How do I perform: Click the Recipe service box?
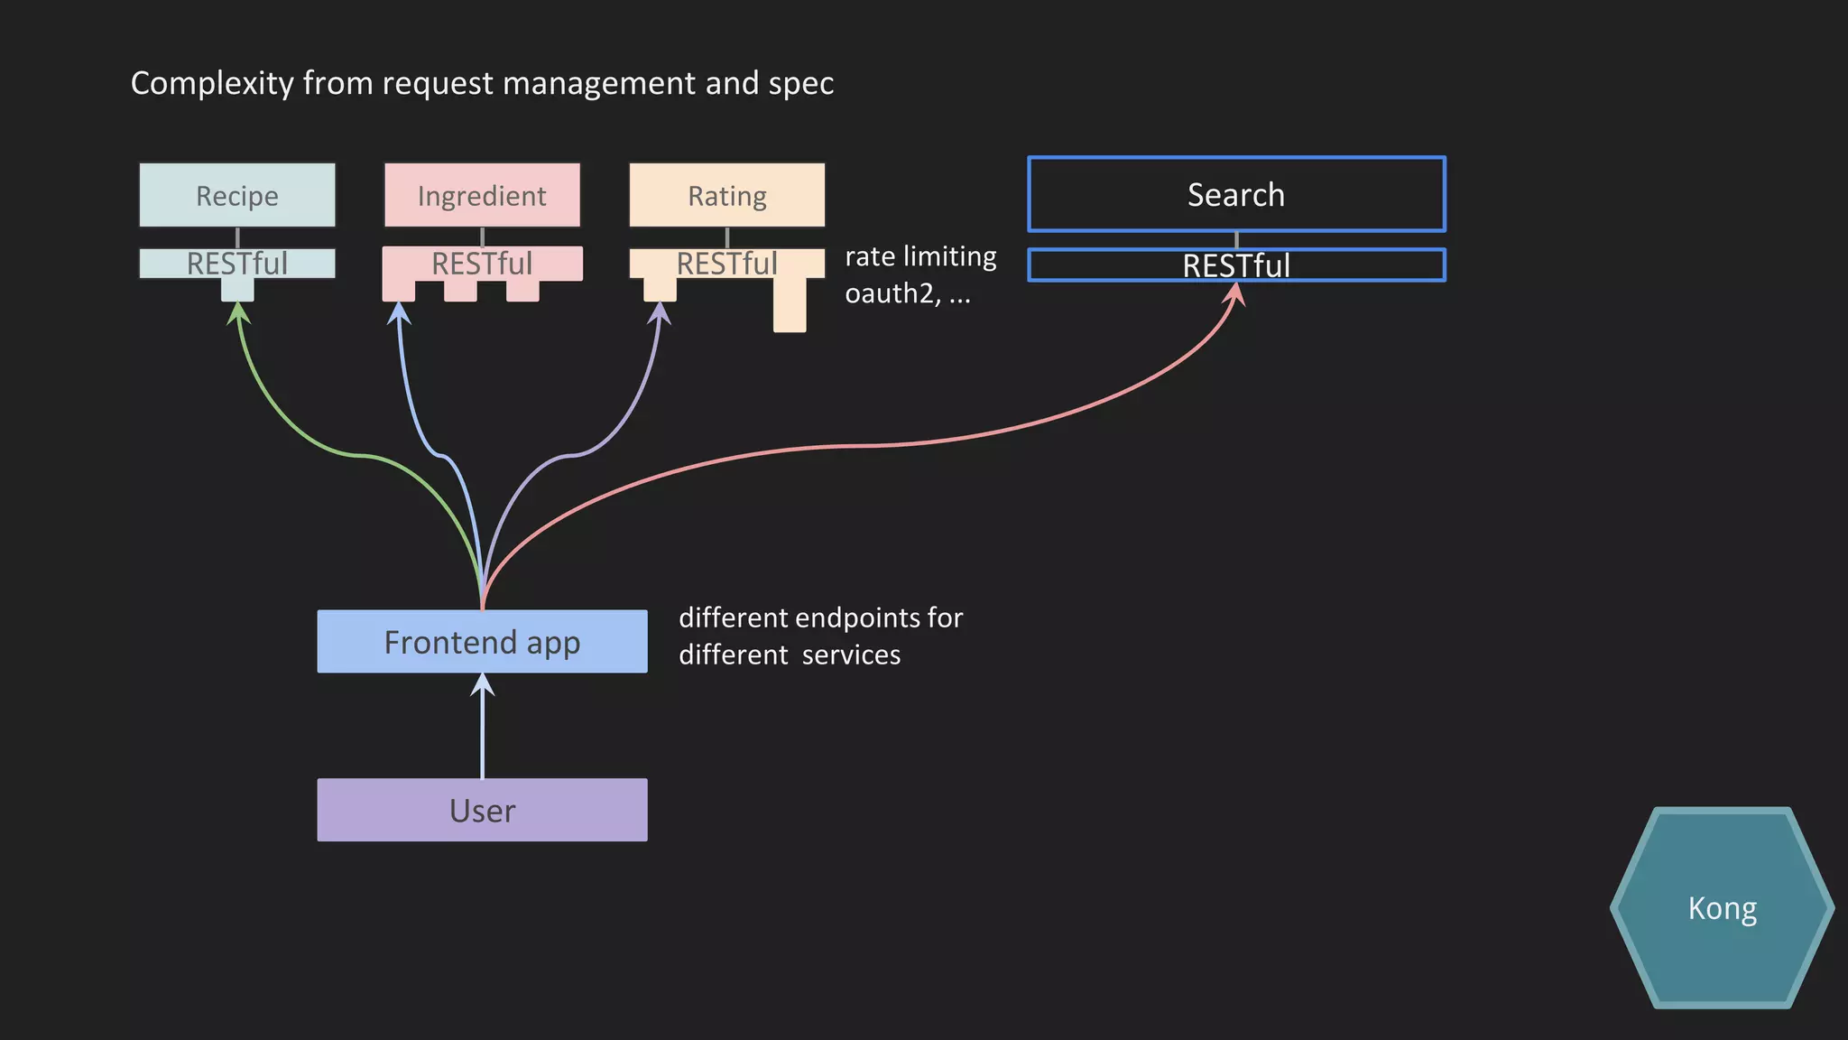pos(237,195)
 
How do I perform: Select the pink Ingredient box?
pos(482,195)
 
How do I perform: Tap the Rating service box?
pos(726,195)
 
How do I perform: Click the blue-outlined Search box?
pos(1236,194)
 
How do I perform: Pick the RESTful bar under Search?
pos(1236,265)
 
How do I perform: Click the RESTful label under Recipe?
pos(237,264)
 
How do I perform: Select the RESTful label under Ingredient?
pos(482,264)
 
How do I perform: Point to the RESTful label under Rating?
pos(726,264)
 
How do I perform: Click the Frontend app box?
pos(482,642)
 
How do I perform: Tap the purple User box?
pos(482,810)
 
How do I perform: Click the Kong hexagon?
pos(1722,908)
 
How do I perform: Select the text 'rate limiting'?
pos(920,256)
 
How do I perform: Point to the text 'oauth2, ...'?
pos(907,293)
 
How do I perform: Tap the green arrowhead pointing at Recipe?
pos(237,312)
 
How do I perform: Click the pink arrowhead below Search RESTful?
pos(1236,293)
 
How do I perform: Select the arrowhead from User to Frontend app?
pos(483,684)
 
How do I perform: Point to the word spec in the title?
pos(801,83)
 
